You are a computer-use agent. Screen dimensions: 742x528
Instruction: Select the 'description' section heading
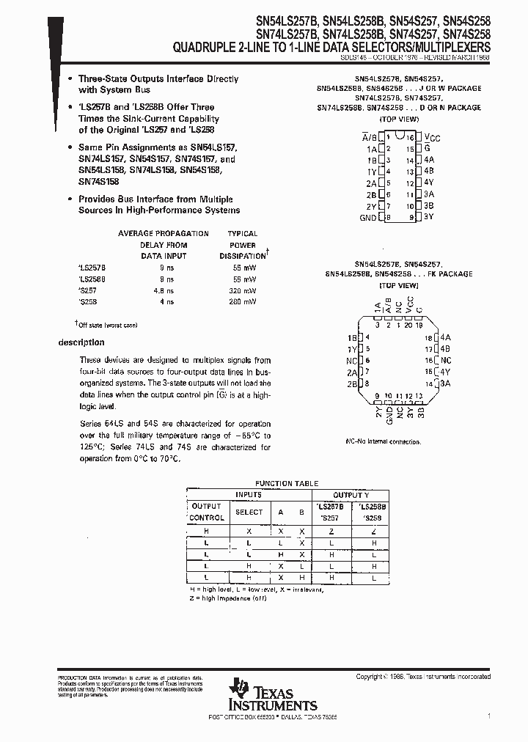click(x=81, y=342)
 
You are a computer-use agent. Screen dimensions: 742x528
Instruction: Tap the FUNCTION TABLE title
click(x=286, y=483)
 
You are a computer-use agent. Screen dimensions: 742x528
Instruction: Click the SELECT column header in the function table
click(x=249, y=512)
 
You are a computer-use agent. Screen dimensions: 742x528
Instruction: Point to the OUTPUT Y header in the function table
click(x=351, y=495)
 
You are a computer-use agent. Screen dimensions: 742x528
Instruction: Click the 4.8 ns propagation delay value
click(x=164, y=290)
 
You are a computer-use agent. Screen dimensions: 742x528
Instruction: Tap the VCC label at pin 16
click(x=433, y=138)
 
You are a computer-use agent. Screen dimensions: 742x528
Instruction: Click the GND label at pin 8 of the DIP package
click(x=367, y=218)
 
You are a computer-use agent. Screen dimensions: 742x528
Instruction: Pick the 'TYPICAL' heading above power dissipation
click(x=243, y=233)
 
